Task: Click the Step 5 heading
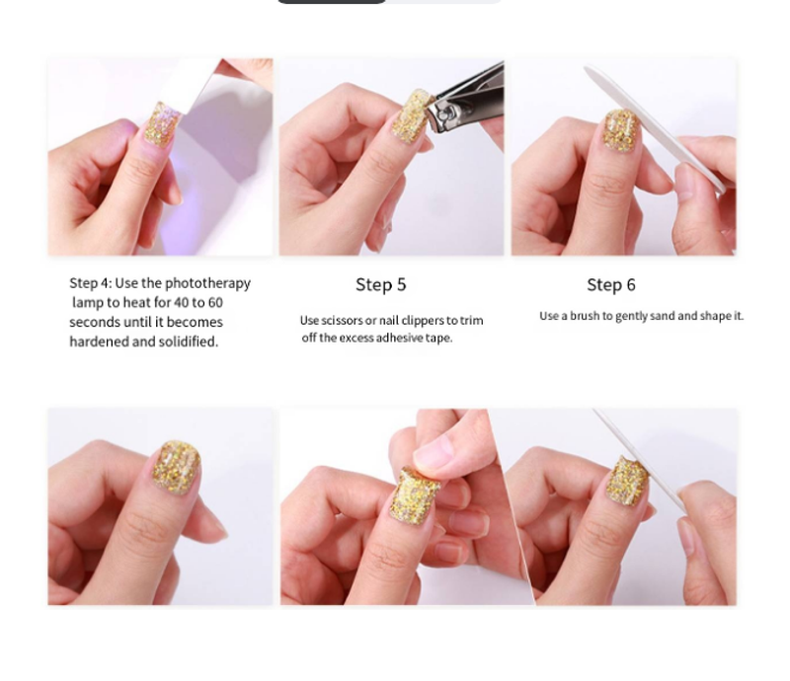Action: [x=381, y=284]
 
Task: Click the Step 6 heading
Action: [x=611, y=284]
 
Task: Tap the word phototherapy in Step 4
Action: [x=207, y=283]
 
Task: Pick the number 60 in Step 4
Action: [x=215, y=303]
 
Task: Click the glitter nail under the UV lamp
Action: [x=162, y=124]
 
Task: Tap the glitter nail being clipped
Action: [x=412, y=115]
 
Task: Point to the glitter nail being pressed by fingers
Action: [x=415, y=494]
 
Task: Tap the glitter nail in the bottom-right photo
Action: [x=627, y=480]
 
